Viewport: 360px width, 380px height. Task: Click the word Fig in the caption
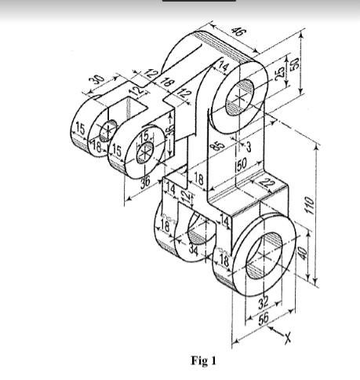(x=198, y=361)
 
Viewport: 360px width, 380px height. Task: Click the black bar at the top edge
(x=198, y=2)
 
